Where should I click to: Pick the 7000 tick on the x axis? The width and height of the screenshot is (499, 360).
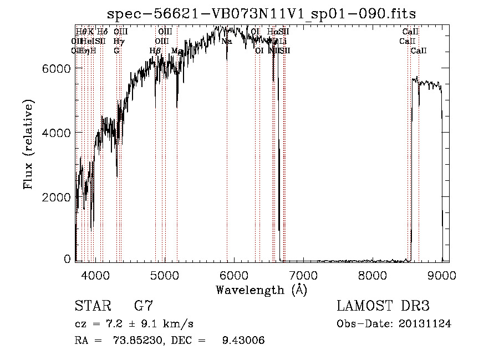coord(303,275)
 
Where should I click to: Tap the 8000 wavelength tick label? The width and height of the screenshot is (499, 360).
coord(373,275)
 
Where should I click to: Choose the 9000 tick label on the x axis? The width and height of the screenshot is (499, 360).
coord(442,275)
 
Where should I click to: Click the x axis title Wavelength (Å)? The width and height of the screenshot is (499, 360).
coord(261,290)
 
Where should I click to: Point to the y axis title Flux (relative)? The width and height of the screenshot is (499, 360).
coord(28,145)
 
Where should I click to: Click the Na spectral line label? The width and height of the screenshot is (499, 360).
coord(226,41)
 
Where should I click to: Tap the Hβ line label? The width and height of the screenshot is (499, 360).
coord(155,51)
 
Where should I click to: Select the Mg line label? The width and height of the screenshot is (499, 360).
coord(176,51)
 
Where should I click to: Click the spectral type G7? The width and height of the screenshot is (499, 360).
coord(144,306)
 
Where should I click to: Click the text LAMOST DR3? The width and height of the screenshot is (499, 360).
coord(383,306)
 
